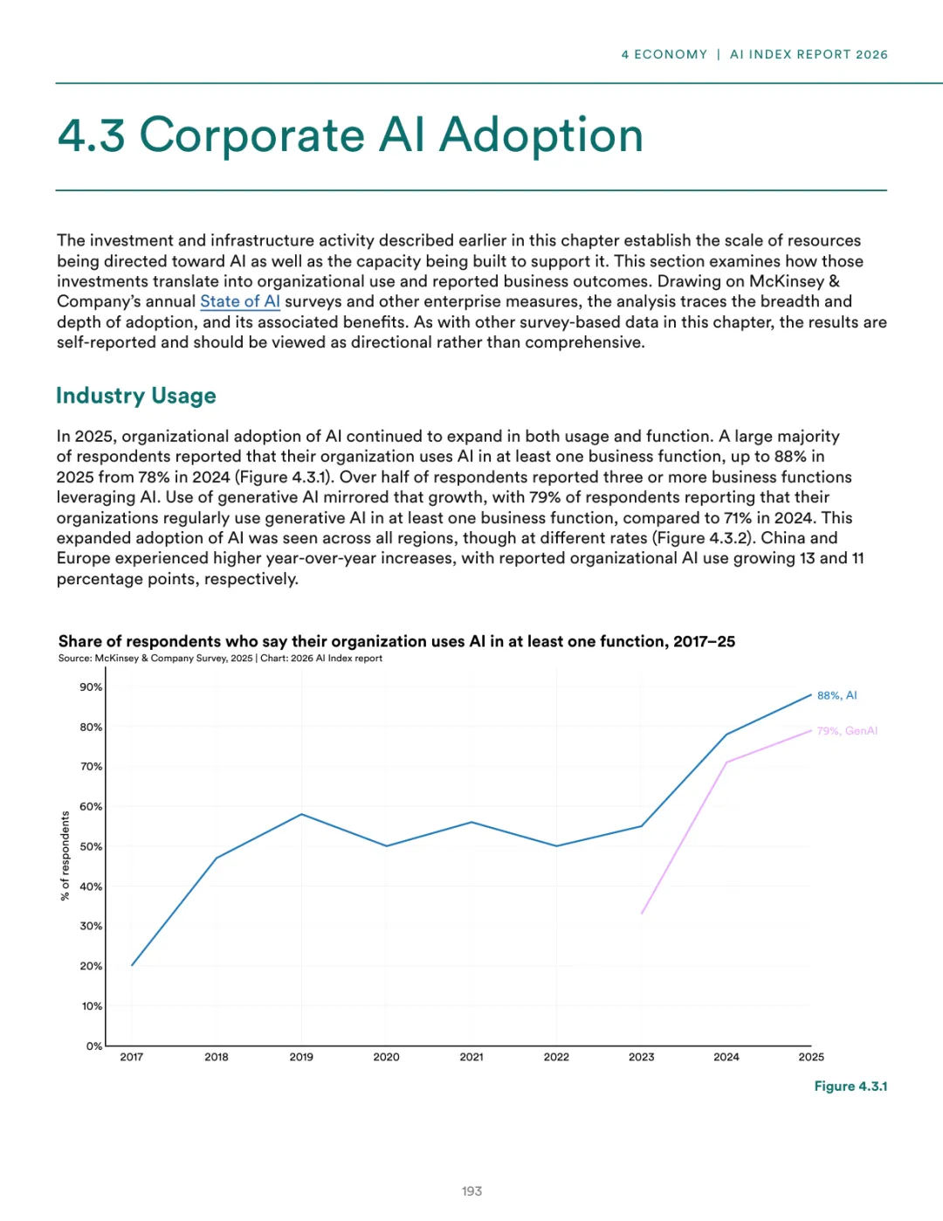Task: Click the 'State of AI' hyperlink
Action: pyautogui.click(x=240, y=301)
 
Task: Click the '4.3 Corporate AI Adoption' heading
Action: pyautogui.click(x=350, y=135)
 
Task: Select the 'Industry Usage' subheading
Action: pyautogui.click(x=135, y=396)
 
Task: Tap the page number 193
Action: pyautogui.click(x=471, y=1191)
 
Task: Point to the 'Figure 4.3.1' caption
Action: pyautogui.click(x=850, y=1086)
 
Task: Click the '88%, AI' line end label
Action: pyautogui.click(x=836, y=695)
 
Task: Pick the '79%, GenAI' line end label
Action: pyautogui.click(x=846, y=731)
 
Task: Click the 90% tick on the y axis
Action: pyautogui.click(x=91, y=687)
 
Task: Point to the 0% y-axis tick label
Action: pyautogui.click(x=93, y=1045)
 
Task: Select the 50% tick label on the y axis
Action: pyautogui.click(x=91, y=846)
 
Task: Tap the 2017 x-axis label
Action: pyautogui.click(x=132, y=1057)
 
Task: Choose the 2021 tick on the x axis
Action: pyautogui.click(x=471, y=1057)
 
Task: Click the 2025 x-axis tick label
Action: pyautogui.click(x=811, y=1057)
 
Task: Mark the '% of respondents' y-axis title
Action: pyautogui.click(x=65, y=856)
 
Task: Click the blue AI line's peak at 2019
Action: pyautogui.click(x=301, y=814)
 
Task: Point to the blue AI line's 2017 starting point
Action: pyautogui.click(x=132, y=965)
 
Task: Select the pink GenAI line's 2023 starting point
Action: pyautogui.click(x=642, y=914)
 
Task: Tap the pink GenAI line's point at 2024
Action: pyautogui.click(x=726, y=762)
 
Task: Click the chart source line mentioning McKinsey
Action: pyautogui.click(x=220, y=659)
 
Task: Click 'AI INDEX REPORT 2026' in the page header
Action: pyautogui.click(x=809, y=54)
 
